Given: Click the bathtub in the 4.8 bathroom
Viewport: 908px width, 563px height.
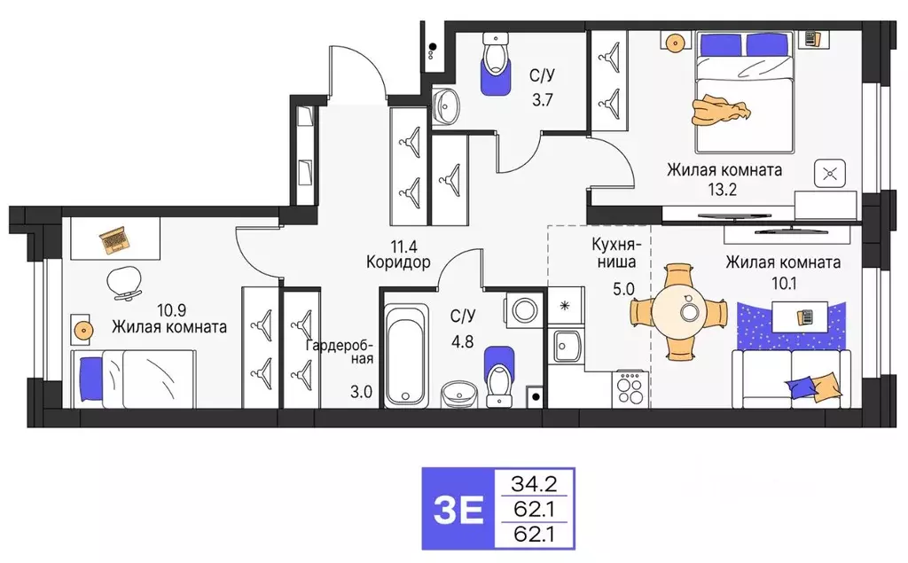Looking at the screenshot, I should [x=406, y=355].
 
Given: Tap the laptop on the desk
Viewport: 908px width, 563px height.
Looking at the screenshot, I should [x=113, y=239].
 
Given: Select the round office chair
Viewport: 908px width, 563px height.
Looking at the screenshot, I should [x=123, y=282].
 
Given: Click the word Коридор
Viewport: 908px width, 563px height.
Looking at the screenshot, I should [x=397, y=262].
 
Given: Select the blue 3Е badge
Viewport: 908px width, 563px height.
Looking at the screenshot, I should [x=458, y=509].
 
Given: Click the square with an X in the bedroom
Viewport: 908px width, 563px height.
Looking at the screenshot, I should [x=829, y=174].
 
